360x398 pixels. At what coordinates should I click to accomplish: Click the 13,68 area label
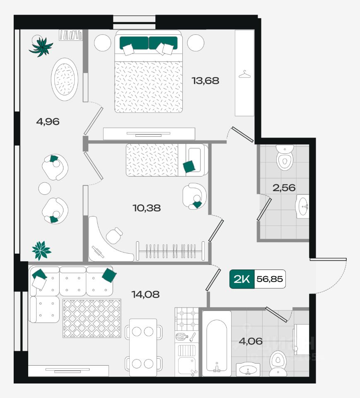coord(205,81)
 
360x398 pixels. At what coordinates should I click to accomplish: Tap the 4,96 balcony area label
coord(48,121)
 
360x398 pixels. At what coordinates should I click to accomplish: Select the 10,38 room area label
coord(147,208)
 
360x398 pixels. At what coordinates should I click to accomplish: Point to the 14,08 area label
coord(145,294)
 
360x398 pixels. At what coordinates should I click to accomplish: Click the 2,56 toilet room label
coord(284,188)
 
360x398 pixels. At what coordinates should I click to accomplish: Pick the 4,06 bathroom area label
coord(251,341)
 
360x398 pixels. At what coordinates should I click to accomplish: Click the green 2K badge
coord(242,279)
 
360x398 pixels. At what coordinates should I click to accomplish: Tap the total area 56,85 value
coord(269,279)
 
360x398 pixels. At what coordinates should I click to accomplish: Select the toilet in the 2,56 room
coord(285,158)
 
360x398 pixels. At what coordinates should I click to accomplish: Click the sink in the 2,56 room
coord(303,206)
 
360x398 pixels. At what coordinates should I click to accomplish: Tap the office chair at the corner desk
coord(114,236)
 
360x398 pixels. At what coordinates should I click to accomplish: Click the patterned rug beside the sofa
coord(92,318)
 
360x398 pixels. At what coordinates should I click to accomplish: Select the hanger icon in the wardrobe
coord(244,75)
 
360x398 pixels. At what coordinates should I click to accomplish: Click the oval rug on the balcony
coord(65,79)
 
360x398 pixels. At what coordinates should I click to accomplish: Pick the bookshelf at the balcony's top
coord(71,35)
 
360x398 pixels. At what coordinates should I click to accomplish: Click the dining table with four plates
coord(143,347)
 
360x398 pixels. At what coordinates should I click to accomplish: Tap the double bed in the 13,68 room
coord(148,71)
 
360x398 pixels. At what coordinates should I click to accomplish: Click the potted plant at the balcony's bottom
coord(41,250)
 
